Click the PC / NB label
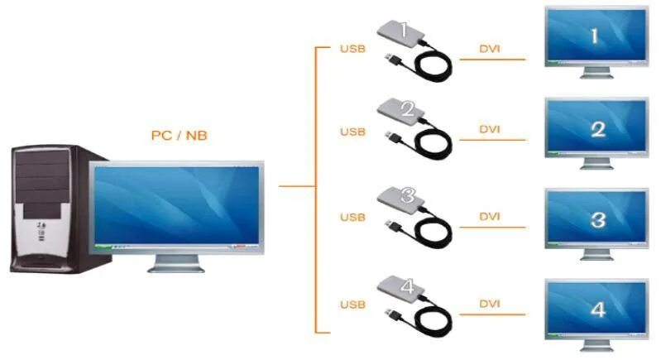(x=179, y=135)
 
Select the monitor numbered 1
(x=596, y=37)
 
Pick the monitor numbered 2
(x=596, y=128)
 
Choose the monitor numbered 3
(x=596, y=218)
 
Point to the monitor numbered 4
(x=596, y=310)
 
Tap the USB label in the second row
(x=352, y=132)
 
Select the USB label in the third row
(x=352, y=218)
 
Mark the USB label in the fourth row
(x=352, y=305)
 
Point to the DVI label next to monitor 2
(x=490, y=131)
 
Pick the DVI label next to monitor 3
(x=490, y=217)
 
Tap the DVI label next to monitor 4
(x=490, y=304)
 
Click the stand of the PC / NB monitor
(x=177, y=263)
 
